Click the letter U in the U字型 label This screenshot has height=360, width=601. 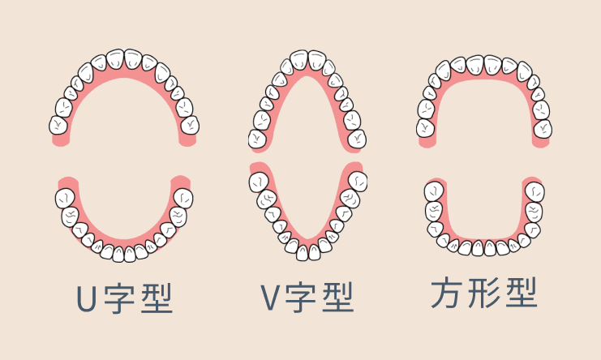click(86, 298)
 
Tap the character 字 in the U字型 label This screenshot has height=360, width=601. click(119, 298)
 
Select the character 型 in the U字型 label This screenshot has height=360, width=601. click(157, 298)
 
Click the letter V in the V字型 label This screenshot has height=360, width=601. click(269, 298)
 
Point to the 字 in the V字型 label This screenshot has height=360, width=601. click(301, 298)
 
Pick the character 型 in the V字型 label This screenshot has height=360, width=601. click(338, 298)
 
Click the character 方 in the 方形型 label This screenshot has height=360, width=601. click(446, 293)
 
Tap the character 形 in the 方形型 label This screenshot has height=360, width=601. click(483, 293)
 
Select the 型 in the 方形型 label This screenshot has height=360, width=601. click(522, 293)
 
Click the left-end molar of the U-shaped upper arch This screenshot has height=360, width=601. click(58, 125)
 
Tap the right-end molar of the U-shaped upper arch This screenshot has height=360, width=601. click(190, 125)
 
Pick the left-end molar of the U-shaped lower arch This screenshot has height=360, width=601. click(65, 199)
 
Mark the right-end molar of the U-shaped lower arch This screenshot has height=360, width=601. click(183, 199)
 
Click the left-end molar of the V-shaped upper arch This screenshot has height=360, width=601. click(257, 139)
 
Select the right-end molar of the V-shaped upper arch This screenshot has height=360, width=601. click(357, 139)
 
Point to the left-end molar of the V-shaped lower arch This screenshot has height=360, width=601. click(259, 182)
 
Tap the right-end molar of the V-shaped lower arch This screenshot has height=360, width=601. click(358, 181)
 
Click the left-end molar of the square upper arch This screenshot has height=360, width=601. click(426, 128)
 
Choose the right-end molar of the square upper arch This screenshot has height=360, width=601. click(543, 129)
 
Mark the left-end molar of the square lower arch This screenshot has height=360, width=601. click(434, 191)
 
